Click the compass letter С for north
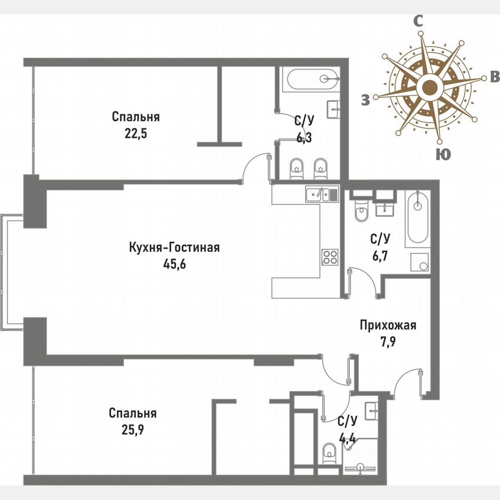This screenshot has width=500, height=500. tap(418, 21)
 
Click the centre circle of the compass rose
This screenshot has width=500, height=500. tap(429, 89)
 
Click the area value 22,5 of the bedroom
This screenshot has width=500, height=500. tap(135, 133)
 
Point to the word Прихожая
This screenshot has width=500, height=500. tap(388, 325)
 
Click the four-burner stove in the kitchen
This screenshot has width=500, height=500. tap(330, 256)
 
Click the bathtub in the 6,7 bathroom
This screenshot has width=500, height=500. tap(417, 219)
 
